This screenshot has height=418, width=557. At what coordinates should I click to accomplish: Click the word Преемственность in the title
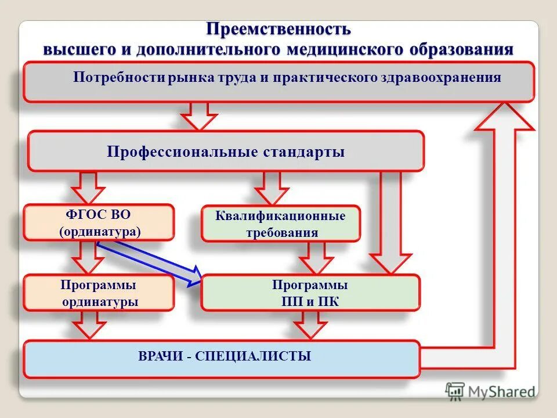[278, 29]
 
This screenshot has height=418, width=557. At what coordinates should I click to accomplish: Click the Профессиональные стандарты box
[226, 152]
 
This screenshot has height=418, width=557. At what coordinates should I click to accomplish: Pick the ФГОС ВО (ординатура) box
[99, 222]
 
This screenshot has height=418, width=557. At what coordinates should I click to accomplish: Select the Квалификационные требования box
[280, 224]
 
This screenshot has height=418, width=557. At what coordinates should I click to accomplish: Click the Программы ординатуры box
[99, 293]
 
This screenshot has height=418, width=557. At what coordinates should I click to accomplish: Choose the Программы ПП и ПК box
[310, 293]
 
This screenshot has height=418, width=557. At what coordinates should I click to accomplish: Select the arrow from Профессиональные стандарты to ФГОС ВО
[88, 187]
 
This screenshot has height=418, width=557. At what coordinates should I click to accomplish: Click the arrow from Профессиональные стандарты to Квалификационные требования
[271, 187]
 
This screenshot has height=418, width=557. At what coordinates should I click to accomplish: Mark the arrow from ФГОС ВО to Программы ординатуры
[88, 257]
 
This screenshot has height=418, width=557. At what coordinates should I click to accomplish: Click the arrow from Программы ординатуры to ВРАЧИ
[88, 325]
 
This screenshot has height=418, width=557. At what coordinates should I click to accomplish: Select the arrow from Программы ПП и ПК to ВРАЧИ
[311, 325]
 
